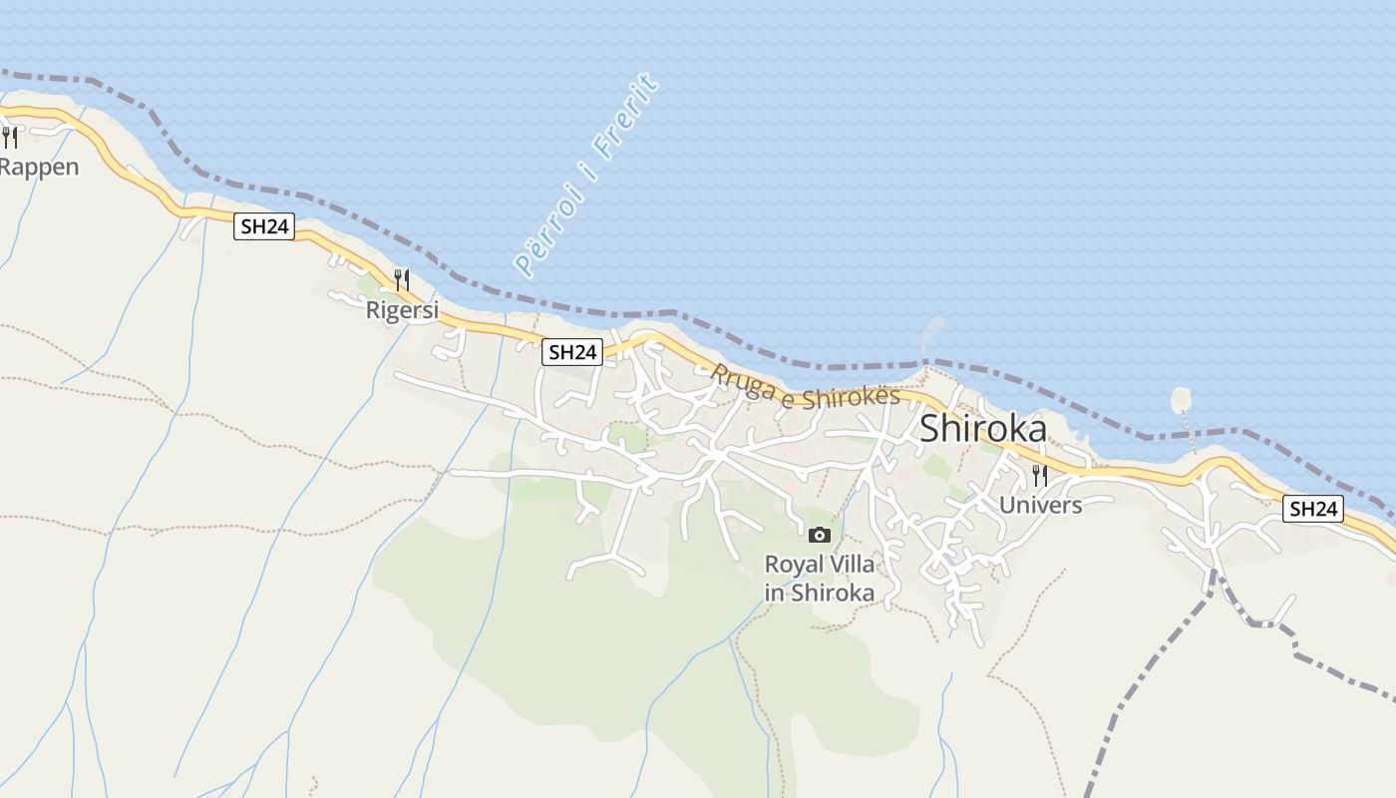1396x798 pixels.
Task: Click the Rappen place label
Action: pos(38,167)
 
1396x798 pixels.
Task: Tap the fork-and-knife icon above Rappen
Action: pos(9,137)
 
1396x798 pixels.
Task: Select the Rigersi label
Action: pos(402,310)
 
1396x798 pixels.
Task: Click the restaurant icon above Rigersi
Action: pos(402,279)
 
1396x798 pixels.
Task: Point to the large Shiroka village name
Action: pos(982,428)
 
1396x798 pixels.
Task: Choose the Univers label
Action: pos(1040,505)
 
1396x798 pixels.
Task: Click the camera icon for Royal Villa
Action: pos(820,536)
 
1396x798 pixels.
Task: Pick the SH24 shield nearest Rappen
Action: pos(265,226)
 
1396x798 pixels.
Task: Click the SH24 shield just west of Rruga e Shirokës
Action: pos(573,351)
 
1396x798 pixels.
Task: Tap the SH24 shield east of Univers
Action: pos(1312,509)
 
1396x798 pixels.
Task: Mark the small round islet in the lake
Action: pos(1181,400)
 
